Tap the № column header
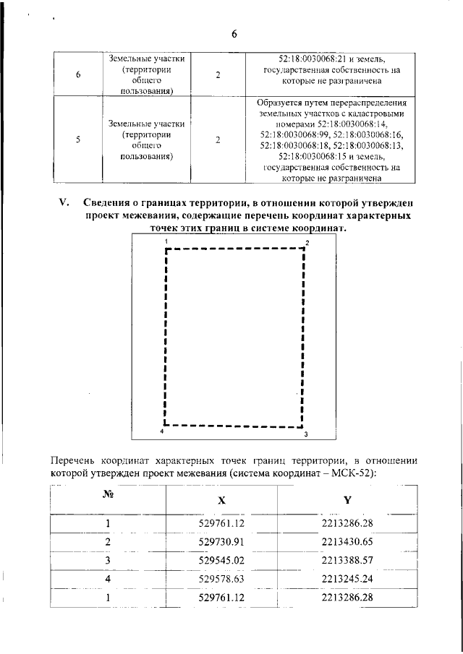(x=108, y=496)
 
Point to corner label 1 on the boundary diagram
(x=166, y=240)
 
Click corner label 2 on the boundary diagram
(x=307, y=243)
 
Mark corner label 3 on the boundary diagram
(x=306, y=434)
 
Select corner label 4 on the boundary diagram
(x=161, y=431)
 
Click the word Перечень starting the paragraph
(x=78, y=459)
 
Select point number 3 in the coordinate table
(x=108, y=560)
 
